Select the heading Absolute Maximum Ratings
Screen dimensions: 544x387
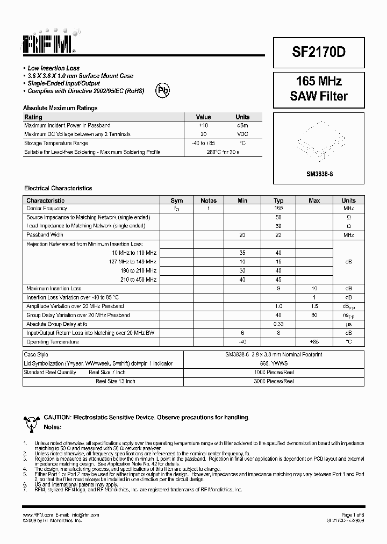click(x=60, y=108)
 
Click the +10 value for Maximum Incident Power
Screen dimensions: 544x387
click(x=203, y=125)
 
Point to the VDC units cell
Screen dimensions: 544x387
click(x=242, y=134)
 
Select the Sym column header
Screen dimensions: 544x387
click(x=176, y=201)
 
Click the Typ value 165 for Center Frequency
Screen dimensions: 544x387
click(x=278, y=208)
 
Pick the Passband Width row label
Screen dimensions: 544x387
click(x=45, y=235)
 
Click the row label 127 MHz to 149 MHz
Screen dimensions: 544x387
click(x=134, y=262)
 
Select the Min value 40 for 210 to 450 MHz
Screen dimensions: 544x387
click(x=242, y=280)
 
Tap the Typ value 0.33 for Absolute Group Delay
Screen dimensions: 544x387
click(x=278, y=324)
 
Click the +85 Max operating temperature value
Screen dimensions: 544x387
click(x=314, y=342)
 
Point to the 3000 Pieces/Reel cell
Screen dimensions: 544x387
click(x=274, y=381)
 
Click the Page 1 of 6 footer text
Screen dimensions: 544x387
click(x=353, y=515)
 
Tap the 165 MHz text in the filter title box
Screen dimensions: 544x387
click(x=319, y=82)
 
